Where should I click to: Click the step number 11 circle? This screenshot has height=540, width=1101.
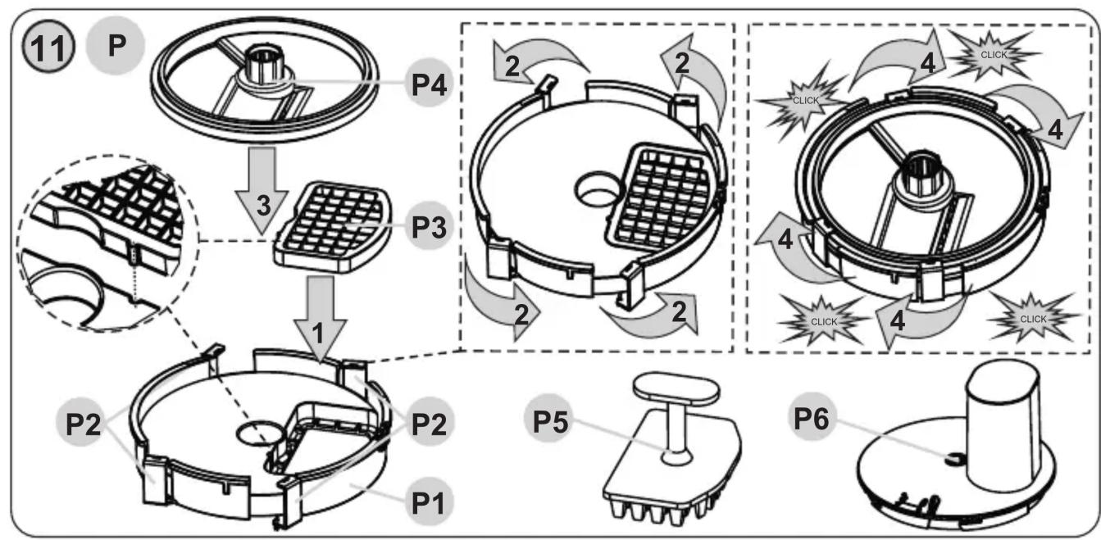[48, 48]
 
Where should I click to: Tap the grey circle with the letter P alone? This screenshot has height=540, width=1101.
[116, 46]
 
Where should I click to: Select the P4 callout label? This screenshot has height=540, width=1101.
[429, 84]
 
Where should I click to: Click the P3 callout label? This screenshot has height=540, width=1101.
[429, 226]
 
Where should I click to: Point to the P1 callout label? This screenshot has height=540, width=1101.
[429, 502]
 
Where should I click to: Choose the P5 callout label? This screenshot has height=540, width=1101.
[549, 421]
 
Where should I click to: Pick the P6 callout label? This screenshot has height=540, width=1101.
[812, 418]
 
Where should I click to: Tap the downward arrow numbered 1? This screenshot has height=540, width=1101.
[320, 320]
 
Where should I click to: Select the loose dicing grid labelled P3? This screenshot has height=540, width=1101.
[333, 226]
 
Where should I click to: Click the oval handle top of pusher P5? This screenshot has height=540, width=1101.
[677, 388]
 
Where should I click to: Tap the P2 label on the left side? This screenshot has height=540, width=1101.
[82, 423]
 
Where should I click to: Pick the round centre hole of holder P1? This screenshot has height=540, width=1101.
[259, 433]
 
